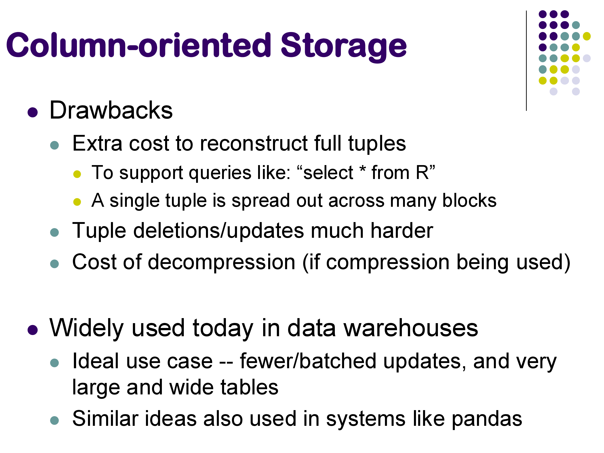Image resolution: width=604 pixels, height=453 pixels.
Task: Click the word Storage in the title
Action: pyautogui.click(x=343, y=47)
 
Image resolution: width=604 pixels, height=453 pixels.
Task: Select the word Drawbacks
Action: pyautogui.click(x=111, y=110)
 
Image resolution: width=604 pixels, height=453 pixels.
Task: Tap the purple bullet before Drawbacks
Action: pyautogui.click(x=33, y=112)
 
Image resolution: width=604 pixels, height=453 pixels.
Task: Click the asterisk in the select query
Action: pyautogui.click(x=362, y=169)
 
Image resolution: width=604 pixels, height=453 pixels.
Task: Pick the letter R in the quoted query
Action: pyautogui.click(x=422, y=173)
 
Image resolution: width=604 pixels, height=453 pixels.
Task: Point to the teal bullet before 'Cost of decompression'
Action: pyautogui.click(x=55, y=264)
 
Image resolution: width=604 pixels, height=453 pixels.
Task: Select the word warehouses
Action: pyautogui.click(x=411, y=328)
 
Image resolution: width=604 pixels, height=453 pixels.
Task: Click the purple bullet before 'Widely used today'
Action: pyautogui.click(x=33, y=330)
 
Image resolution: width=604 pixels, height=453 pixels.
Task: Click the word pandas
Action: pyautogui.click(x=487, y=419)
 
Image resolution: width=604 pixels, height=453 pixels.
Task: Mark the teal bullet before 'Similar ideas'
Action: pyautogui.click(x=55, y=421)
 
